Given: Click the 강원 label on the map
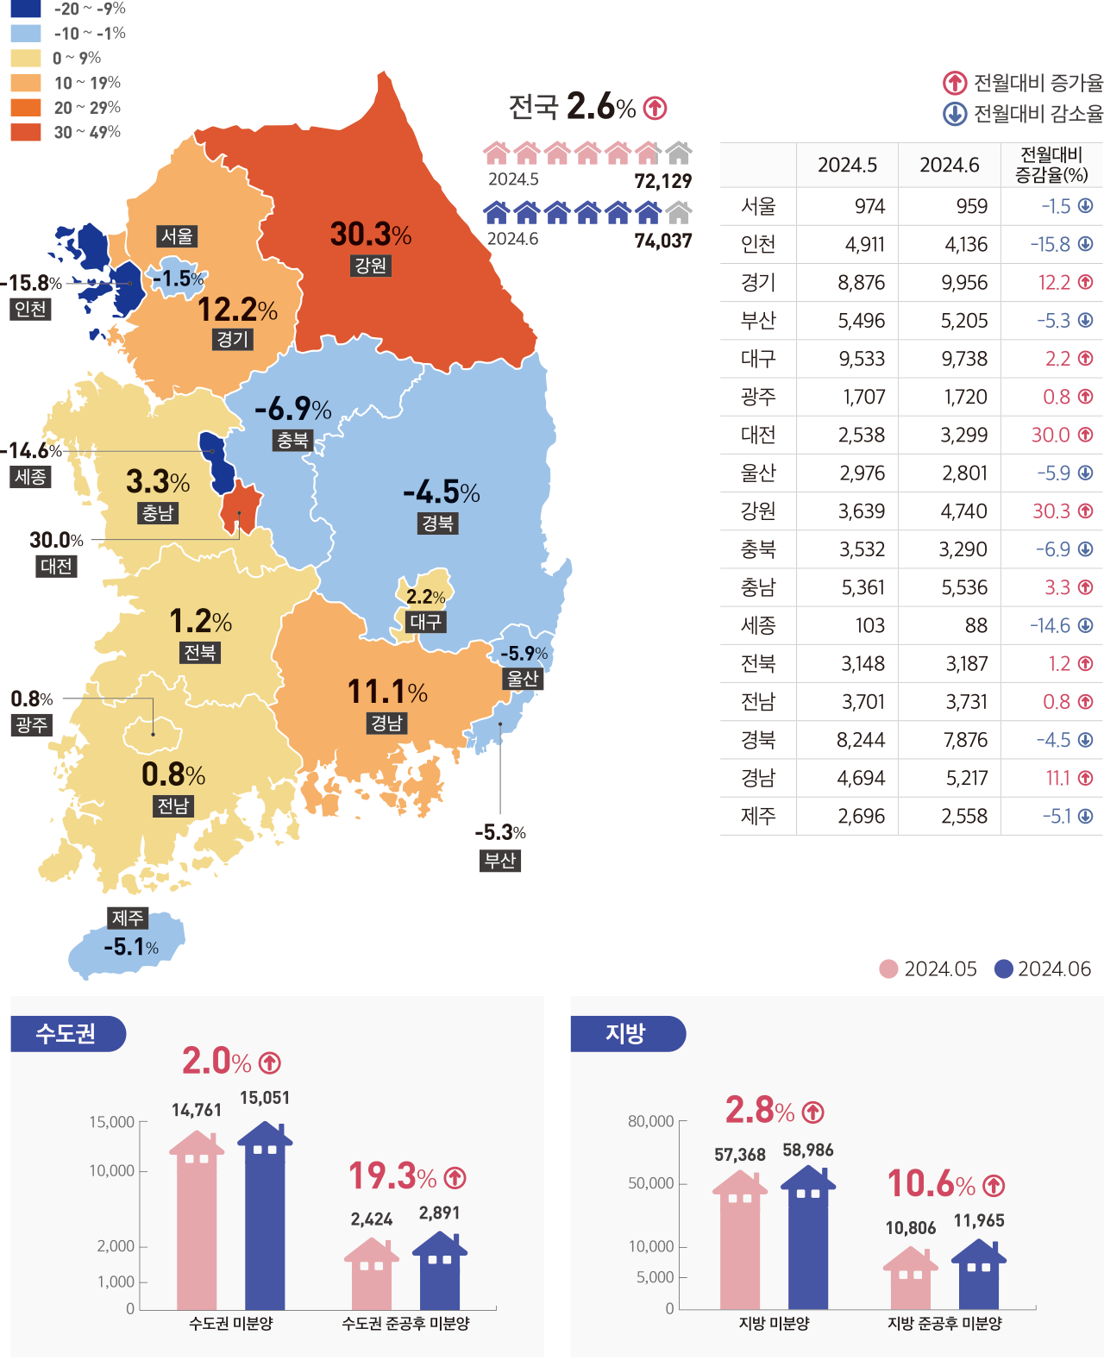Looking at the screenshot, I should point(371,266).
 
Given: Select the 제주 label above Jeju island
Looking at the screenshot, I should point(128,918).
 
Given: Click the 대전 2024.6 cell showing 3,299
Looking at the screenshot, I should point(963,435).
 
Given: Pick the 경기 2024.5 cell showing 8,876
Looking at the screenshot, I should point(861,283).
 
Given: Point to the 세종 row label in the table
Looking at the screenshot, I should point(758,625).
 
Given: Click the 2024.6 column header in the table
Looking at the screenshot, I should point(949,165).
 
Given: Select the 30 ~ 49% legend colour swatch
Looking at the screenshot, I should point(26,132).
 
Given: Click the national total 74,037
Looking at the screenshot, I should point(662,241).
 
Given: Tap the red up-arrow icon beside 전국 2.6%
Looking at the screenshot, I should point(655,109).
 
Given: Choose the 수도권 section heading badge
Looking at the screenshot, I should point(67,1033).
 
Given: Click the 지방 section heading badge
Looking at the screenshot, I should point(627,1033).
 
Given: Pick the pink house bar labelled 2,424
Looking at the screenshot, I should point(372,1276).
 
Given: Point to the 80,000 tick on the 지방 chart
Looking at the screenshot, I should point(651,1121).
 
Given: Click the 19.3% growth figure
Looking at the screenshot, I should point(392,1176).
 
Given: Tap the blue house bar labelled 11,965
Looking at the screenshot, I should point(979,1276).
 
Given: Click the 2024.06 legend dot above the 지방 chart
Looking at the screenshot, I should point(1003,969).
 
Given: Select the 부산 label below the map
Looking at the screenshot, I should point(500,861).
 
